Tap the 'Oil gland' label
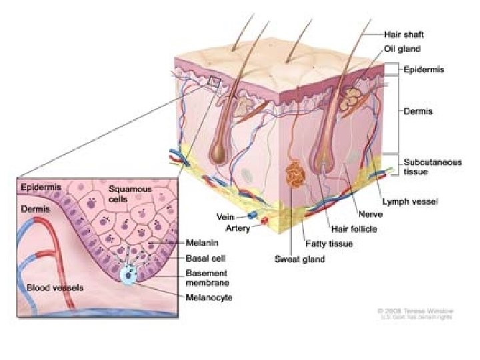(401, 49)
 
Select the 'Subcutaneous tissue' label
(432, 167)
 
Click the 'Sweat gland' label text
(299, 259)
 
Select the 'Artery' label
(238, 229)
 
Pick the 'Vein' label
(229, 216)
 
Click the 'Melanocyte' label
(209, 297)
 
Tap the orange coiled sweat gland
(294, 175)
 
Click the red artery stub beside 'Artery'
(265, 221)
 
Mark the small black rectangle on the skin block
(214, 82)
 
